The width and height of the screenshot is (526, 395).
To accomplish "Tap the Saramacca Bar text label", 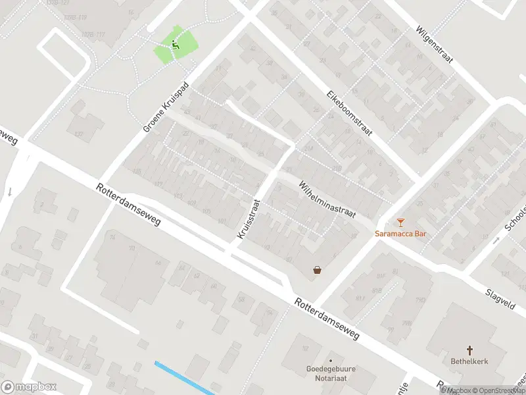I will click(401, 234).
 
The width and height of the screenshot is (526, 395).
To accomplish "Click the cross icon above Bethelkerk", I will click(470, 350).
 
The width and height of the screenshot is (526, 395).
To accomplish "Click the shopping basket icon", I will click(318, 269).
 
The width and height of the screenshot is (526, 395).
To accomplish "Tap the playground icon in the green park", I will click(175, 45).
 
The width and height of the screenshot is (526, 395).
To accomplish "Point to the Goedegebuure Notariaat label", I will click(331, 375).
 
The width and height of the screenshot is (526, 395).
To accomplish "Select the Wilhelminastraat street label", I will click(327, 199).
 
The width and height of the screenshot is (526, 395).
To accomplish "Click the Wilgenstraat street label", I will click(435, 45).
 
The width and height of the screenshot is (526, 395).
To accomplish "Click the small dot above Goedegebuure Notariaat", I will click(331, 361).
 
